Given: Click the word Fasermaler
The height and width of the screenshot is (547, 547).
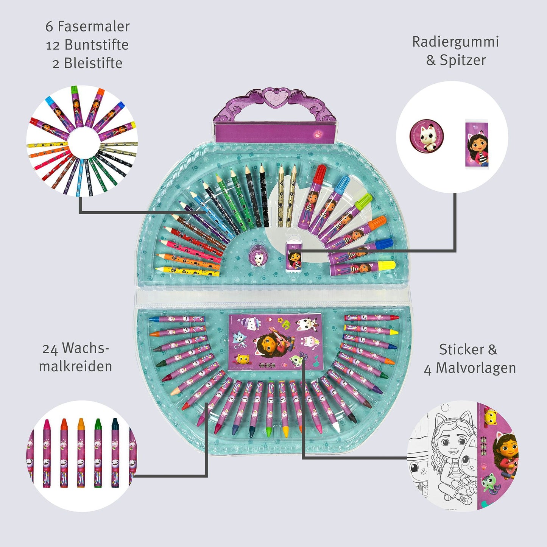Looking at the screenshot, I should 93,26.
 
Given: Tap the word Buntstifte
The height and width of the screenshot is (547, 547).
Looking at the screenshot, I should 97,45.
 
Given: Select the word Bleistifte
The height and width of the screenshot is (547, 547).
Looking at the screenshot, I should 93,63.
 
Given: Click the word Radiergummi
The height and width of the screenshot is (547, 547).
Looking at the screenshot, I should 455,42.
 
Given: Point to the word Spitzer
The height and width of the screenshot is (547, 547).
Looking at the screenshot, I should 463,60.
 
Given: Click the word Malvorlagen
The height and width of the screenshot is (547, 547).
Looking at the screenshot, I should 476,368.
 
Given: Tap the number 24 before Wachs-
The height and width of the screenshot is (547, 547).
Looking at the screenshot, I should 50,348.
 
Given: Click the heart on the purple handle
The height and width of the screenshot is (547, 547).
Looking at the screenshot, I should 273,96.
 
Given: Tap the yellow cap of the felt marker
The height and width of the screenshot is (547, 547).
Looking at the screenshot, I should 387,265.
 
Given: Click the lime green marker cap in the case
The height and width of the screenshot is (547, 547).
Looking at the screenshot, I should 364,201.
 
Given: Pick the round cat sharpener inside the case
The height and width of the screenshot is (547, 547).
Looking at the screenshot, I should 258,257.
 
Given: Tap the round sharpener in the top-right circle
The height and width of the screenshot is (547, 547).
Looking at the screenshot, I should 427,136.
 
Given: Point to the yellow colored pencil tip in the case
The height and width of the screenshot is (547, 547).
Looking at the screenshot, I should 158,269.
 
